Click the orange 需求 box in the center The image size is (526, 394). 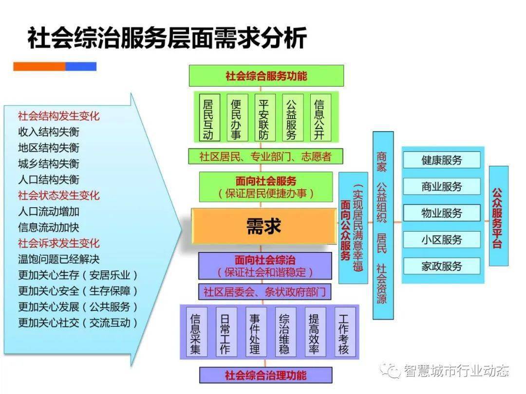[263, 226]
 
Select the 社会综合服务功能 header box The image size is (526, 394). [266, 76]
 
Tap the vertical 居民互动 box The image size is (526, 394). [208, 119]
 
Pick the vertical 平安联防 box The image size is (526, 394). [263, 119]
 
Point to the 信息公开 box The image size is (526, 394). [319, 119]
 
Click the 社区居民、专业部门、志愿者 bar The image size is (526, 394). [266, 156]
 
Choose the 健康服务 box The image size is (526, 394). [441, 160]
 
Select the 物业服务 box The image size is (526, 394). [441, 213]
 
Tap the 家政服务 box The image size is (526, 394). [441, 266]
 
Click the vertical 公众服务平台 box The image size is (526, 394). [498, 216]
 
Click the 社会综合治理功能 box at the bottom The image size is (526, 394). [266, 375]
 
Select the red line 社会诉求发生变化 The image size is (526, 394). [58, 243]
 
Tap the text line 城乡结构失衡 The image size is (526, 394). [48, 163]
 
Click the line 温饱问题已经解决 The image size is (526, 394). [58, 259]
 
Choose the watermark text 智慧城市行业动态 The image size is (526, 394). [456, 371]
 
